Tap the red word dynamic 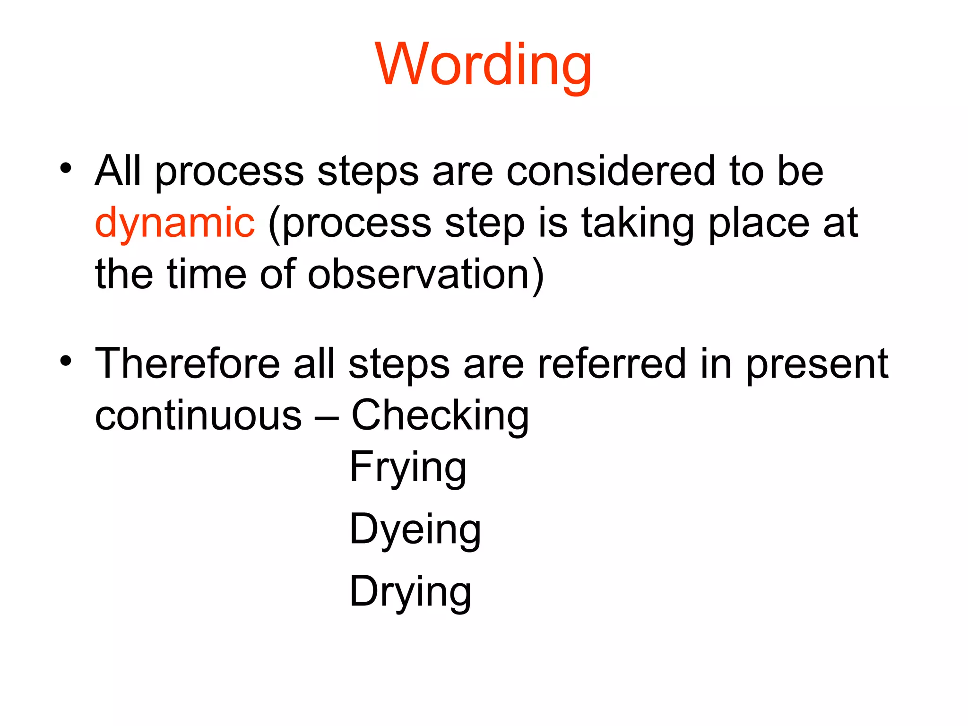(175, 223)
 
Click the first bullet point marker (66, 168)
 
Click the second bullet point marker (66, 361)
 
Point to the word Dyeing (415, 529)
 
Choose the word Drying (410, 592)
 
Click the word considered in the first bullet (611, 171)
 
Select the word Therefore (188, 363)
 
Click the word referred (612, 363)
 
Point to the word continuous (198, 415)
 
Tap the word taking (638, 224)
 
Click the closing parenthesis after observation (538, 275)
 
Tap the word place (759, 224)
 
